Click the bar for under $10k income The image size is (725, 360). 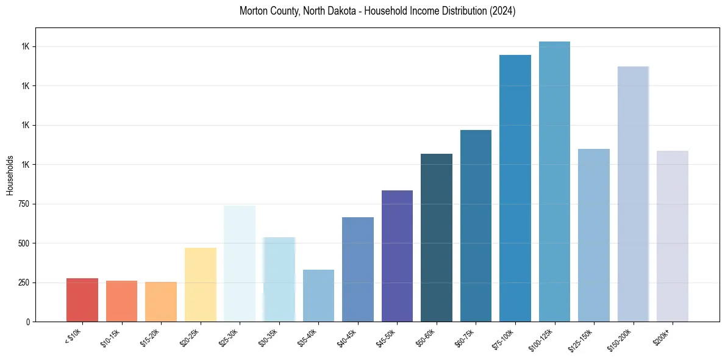(x=82, y=300)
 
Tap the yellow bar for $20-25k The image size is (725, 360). (x=200, y=284)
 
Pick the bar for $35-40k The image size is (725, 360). (x=318, y=295)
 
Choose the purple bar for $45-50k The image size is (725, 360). (x=397, y=256)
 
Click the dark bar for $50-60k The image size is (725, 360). (x=437, y=237)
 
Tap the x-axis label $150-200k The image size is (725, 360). (x=623, y=338)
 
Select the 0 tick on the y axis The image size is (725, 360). (x=28, y=322)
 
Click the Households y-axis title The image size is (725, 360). (x=10, y=175)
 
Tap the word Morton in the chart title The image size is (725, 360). (x=252, y=11)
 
